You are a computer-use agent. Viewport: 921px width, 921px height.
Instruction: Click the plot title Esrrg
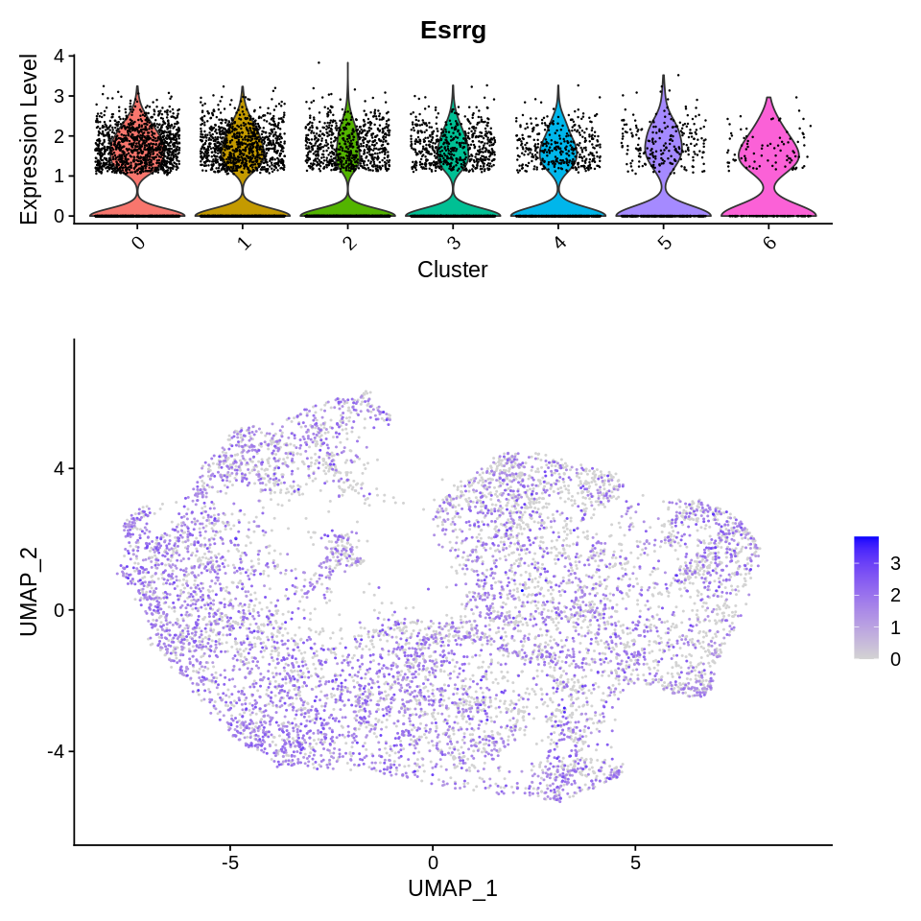(x=453, y=30)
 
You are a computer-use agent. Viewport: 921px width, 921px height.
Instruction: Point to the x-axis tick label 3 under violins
(x=455, y=242)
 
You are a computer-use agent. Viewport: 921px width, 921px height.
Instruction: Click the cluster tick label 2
(x=349, y=242)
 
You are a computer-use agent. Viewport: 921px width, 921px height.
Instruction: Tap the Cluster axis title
(x=452, y=271)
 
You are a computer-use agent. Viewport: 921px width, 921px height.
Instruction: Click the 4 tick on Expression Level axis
(x=59, y=56)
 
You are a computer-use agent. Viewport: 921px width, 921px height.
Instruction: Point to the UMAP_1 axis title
(x=452, y=888)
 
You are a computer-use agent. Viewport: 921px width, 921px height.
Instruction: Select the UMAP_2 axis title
(x=30, y=590)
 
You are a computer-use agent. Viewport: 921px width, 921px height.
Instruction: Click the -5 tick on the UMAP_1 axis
(x=229, y=861)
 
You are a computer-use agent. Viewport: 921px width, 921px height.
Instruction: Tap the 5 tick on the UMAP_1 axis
(x=635, y=861)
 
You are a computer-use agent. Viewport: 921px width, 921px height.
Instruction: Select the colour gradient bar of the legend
(x=865, y=597)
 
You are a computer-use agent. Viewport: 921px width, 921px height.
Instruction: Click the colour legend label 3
(x=895, y=562)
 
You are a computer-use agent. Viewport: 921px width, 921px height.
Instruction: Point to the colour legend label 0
(x=895, y=659)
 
